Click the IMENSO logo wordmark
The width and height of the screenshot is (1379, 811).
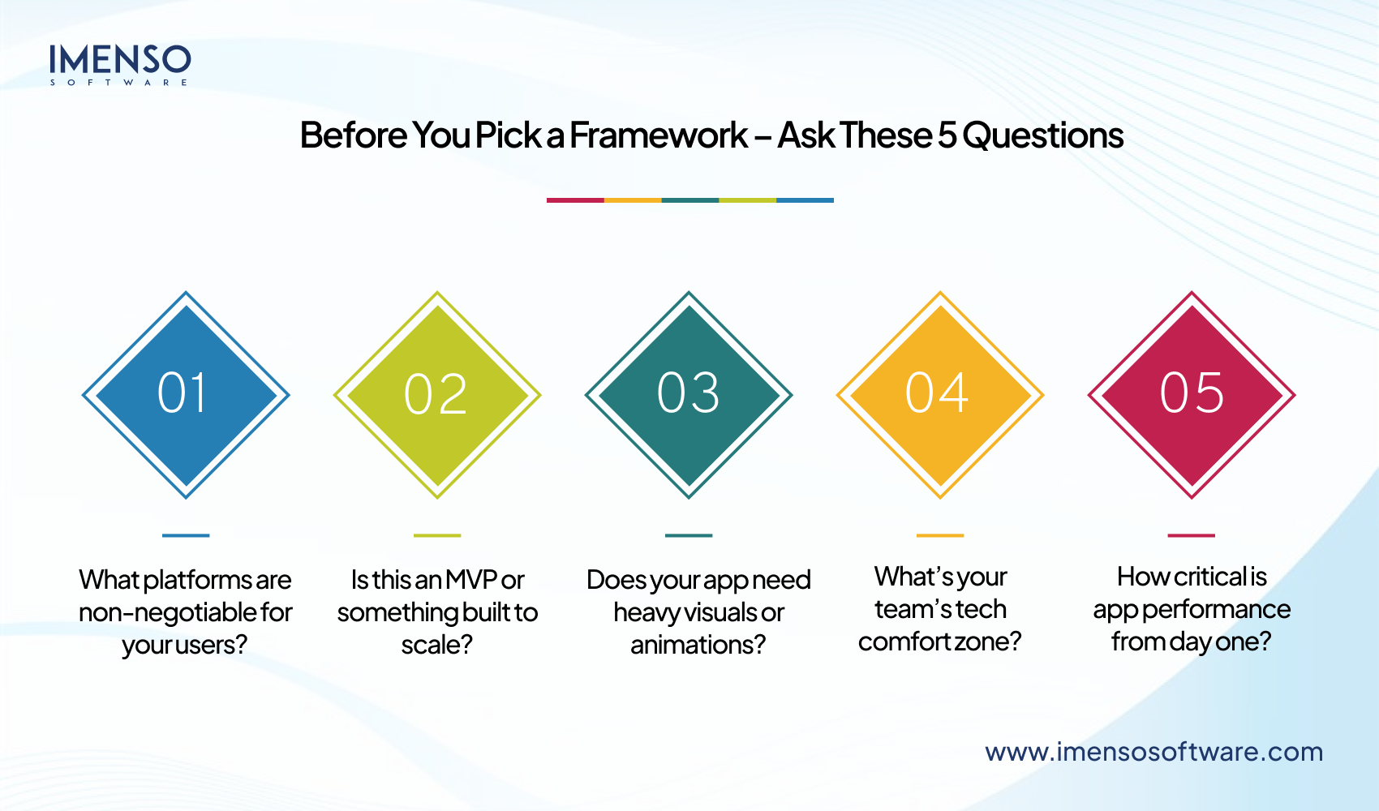pos(119,60)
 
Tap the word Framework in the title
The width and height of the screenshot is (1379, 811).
pos(658,135)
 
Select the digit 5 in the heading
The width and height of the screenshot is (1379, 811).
pos(947,135)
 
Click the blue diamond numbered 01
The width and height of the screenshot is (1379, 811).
pos(186,395)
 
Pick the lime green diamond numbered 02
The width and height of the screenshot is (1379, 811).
pos(437,395)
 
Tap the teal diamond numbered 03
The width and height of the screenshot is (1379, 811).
pos(689,395)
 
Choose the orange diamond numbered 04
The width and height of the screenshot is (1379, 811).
pos(940,395)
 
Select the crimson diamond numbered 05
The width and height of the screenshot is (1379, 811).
pos(1192,395)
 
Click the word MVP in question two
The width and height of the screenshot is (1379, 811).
pos(470,580)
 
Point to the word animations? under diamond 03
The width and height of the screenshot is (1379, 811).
pos(698,645)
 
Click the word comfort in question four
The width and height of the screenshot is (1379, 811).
pos(904,642)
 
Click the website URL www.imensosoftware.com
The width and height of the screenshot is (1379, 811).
pos(1153,752)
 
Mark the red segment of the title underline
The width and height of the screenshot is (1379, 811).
pos(575,200)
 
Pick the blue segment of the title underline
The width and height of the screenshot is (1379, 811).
pos(805,200)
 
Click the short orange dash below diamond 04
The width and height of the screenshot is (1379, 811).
pos(940,535)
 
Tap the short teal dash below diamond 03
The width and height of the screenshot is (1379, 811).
pos(689,535)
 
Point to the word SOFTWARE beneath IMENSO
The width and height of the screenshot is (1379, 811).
pos(119,82)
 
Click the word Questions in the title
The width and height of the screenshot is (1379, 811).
pos(1042,135)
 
